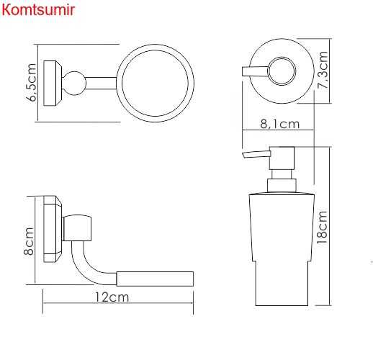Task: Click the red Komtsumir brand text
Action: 38,10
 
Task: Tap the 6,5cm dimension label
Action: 31,83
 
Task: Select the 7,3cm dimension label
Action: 323,70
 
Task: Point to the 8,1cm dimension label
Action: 280,124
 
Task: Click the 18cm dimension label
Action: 322,228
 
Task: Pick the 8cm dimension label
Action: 29,241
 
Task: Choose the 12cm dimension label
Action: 112,297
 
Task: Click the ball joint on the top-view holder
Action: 74,84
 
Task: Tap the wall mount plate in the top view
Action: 53,83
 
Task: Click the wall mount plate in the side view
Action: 53,229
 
